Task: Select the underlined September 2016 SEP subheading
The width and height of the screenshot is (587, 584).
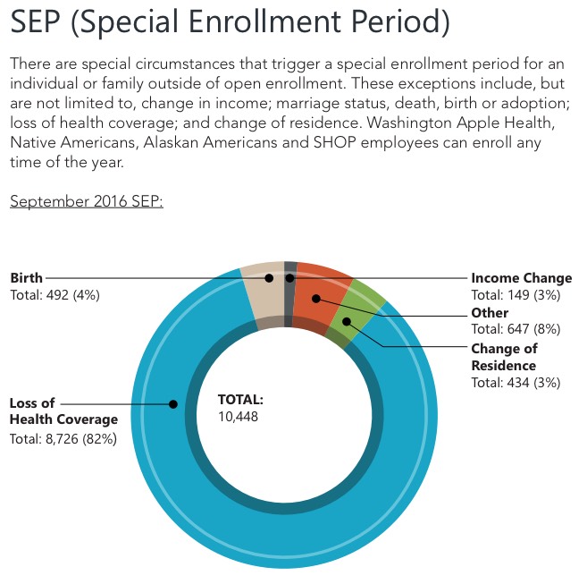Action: [87, 201]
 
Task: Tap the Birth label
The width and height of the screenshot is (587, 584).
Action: [26, 278]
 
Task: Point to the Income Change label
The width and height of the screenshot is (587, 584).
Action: [521, 278]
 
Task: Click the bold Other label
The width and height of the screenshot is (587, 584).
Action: [490, 313]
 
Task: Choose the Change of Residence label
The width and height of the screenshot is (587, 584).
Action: [504, 357]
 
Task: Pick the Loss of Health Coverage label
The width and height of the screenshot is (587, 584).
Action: [63, 411]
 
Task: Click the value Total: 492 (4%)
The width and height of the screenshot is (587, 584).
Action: [55, 294]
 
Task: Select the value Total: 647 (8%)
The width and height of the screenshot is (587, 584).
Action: [515, 329]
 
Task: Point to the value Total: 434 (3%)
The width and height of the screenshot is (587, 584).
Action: [515, 383]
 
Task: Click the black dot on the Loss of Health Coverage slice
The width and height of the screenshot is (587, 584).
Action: [173, 404]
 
